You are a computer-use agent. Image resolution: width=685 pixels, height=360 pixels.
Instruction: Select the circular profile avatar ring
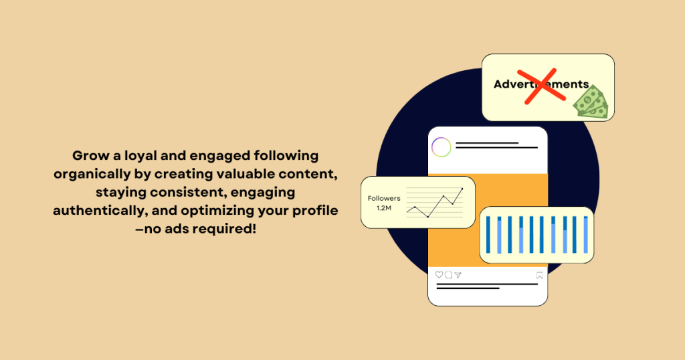(x=441, y=147)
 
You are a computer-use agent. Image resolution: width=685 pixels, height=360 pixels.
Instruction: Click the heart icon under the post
(x=439, y=275)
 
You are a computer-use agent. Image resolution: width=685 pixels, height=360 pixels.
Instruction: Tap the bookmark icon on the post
(x=539, y=275)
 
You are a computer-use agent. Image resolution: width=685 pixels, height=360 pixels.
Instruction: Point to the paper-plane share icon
(x=458, y=275)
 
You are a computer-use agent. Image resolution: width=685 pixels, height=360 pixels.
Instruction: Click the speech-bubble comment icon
(x=448, y=275)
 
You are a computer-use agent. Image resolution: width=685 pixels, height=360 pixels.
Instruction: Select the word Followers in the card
(x=384, y=198)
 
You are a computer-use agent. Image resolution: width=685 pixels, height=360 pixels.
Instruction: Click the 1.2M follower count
(x=384, y=208)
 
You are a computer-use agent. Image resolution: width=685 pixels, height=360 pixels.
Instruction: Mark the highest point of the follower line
(x=462, y=189)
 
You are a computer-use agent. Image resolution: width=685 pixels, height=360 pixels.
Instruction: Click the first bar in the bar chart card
(x=488, y=234)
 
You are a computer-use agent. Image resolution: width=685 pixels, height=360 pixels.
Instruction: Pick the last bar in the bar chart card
(x=586, y=234)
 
